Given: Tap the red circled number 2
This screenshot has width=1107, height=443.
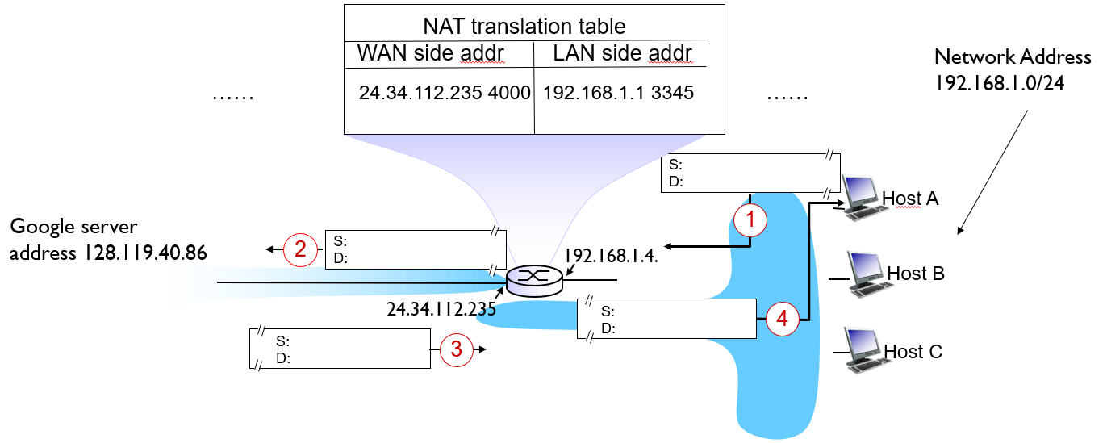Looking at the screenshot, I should pyautogui.click(x=301, y=249).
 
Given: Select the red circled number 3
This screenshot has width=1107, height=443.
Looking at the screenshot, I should pyautogui.click(x=457, y=349).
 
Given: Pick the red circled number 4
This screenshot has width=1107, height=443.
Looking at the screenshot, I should pyautogui.click(x=781, y=319).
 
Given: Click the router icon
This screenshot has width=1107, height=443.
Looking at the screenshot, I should pyautogui.click(x=533, y=278).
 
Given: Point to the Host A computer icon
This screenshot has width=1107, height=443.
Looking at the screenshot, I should pyautogui.click(x=860, y=195).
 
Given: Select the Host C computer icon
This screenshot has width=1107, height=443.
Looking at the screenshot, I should pyautogui.click(x=862, y=349).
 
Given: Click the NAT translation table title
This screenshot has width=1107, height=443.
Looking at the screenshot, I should pyautogui.click(x=524, y=27).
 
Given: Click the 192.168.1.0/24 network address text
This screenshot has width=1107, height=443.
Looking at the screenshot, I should pyautogui.click(x=1000, y=84).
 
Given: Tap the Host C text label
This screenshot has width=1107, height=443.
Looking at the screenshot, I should pyautogui.click(x=913, y=352).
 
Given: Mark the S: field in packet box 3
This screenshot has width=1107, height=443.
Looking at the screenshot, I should pyautogui.click(x=283, y=341).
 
